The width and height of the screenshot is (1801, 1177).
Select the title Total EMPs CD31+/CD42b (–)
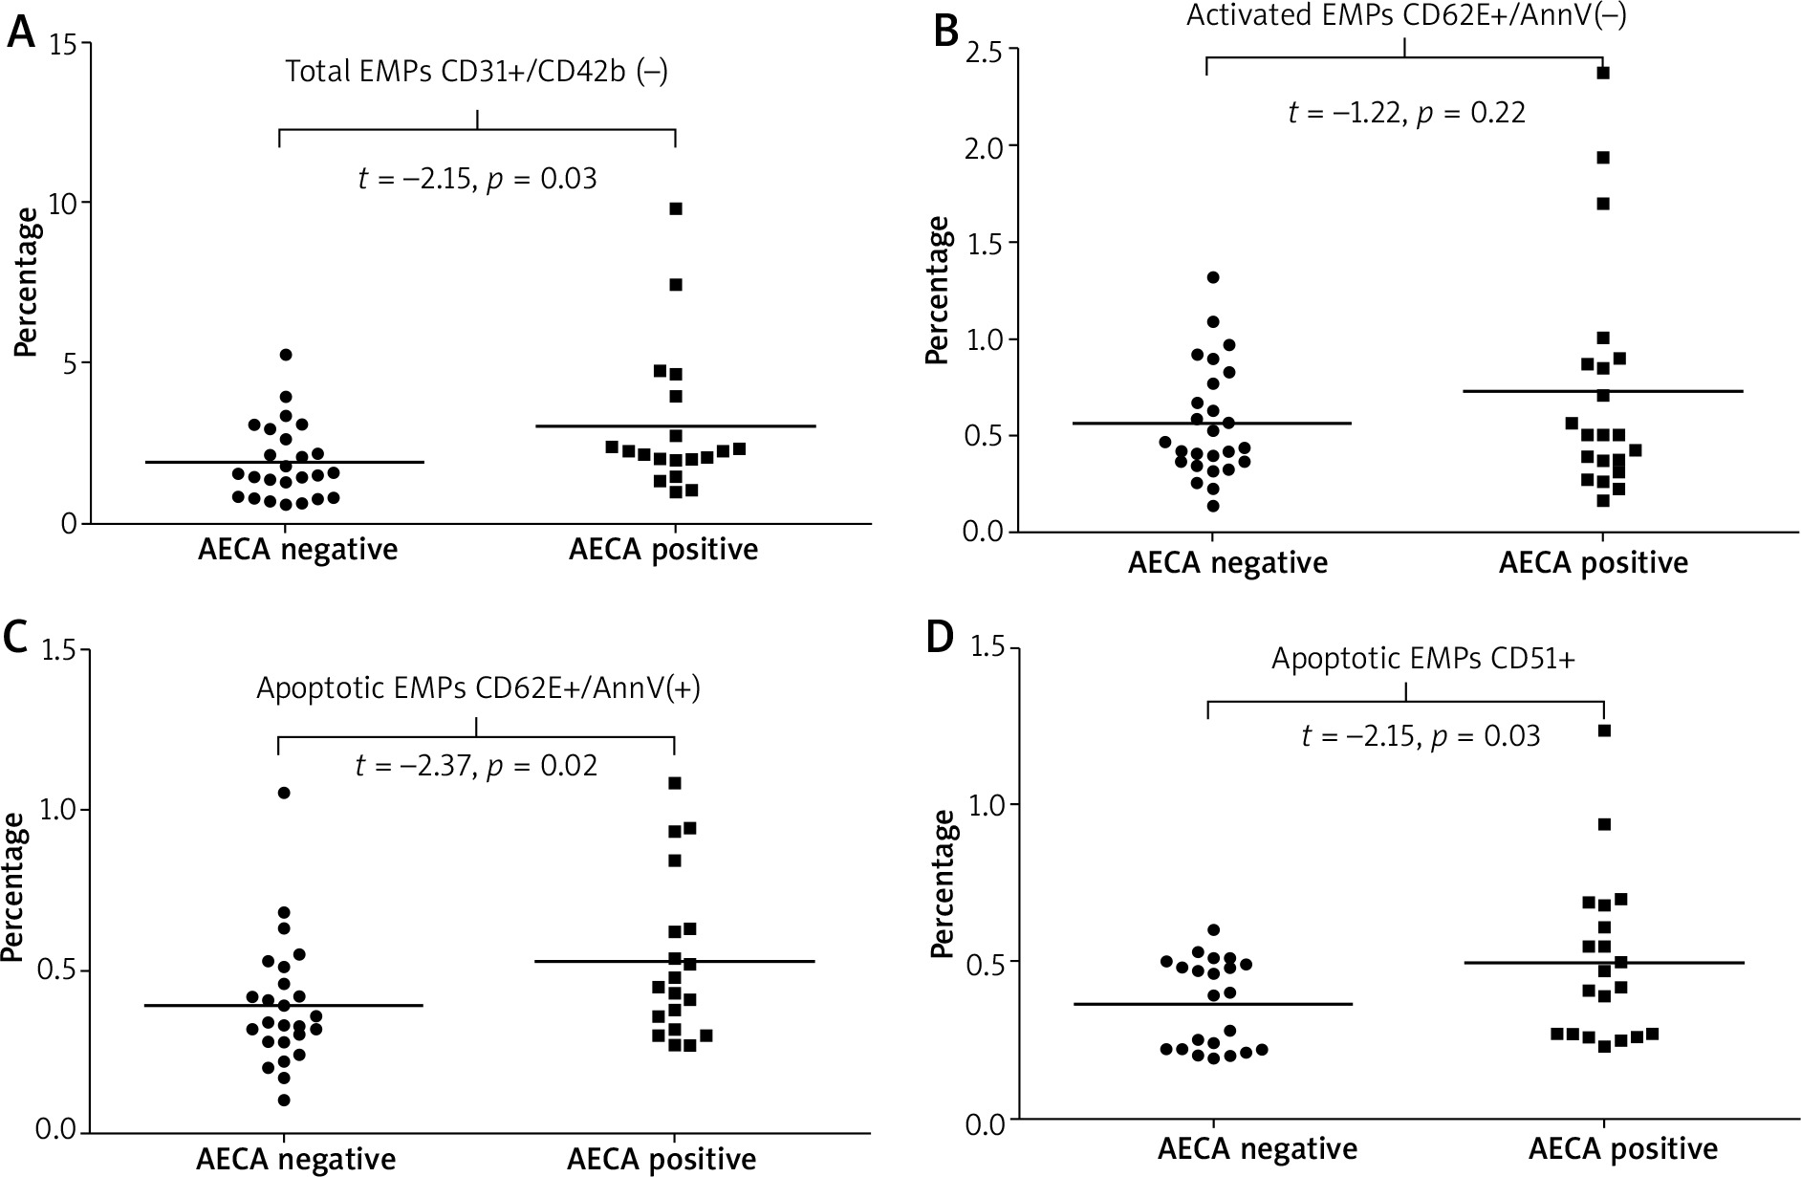coord(476,73)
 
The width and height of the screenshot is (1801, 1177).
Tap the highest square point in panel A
coord(676,208)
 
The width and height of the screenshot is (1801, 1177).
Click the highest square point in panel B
coord(1604,73)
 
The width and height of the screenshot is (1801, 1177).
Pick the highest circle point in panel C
coord(284,793)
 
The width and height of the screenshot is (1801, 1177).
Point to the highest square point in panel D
coord(1605,731)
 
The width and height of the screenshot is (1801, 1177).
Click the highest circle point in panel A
coord(285,355)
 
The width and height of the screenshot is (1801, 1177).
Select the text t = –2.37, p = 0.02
coord(476,766)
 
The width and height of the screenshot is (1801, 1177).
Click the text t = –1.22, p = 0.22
coord(1406,113)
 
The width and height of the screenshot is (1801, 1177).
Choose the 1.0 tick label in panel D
coord(987,805)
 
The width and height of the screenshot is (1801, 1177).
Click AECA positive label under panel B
coord(1593,563)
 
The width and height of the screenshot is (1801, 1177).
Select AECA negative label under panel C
coord(296,1160)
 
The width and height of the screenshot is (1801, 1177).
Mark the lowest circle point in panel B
coord(1213,506)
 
